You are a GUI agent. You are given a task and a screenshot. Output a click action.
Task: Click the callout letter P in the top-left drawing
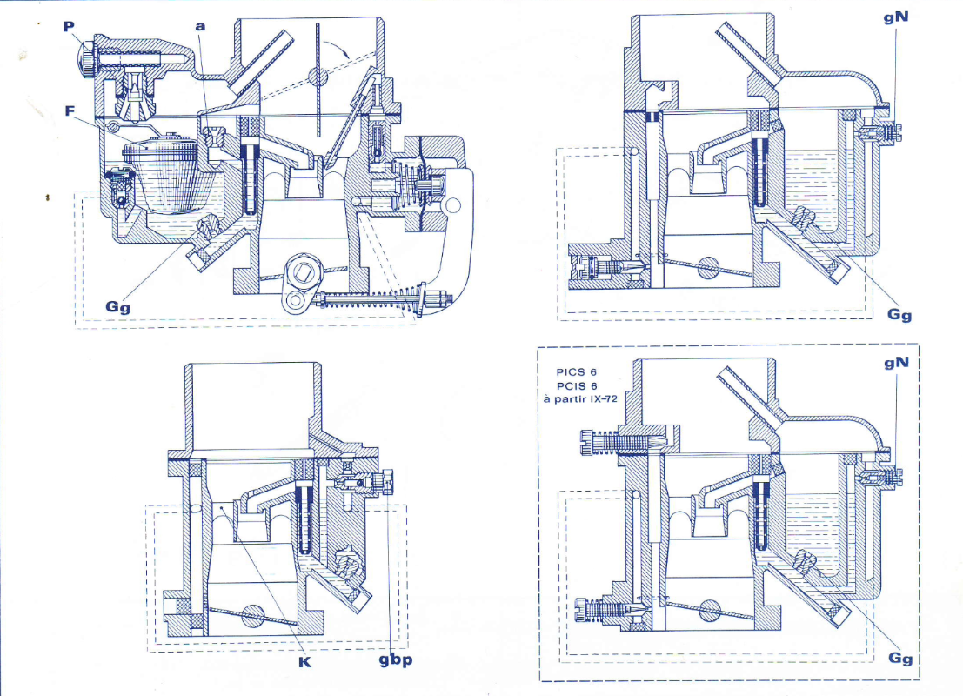click(70, 27)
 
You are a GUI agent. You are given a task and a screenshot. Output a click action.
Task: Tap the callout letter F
click(70, 110)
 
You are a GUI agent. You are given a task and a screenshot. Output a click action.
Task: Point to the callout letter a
click(201, 27)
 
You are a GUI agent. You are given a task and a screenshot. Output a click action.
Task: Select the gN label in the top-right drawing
click(896, 17)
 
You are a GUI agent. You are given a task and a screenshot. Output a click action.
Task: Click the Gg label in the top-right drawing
click(899, 314)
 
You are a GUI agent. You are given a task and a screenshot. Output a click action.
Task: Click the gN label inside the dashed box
click(896, 362)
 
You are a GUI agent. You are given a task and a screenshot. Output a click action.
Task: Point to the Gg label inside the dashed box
click(899, 658)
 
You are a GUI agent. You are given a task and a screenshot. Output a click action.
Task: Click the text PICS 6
click(577, 371)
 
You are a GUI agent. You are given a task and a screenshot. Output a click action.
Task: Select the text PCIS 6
click(577, 385)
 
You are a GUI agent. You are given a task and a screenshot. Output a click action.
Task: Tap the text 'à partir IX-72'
click(581, 399)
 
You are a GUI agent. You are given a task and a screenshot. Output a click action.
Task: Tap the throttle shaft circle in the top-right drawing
click(708, 267)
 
